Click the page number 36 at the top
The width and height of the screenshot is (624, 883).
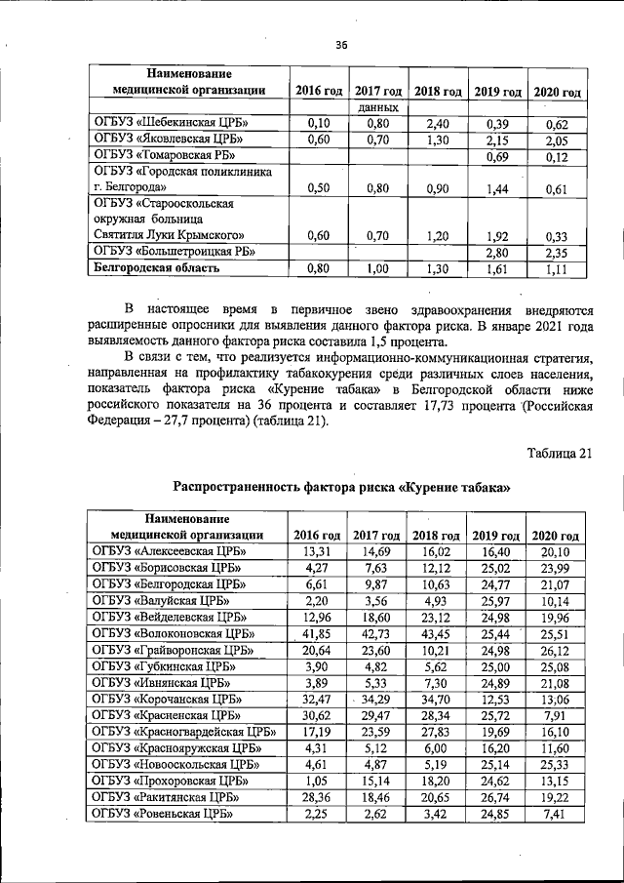pos(341,44)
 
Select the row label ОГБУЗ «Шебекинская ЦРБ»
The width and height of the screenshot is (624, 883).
pos(171,123)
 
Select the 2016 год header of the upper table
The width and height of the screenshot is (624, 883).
pos(319,91)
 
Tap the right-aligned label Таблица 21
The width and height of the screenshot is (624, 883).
pos(559,452)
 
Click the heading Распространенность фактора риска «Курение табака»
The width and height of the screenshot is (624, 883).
pos(341,487)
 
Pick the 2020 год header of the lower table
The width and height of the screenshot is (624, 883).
pos(556,535)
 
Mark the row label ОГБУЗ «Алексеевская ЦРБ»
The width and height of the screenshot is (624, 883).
pos(170,551)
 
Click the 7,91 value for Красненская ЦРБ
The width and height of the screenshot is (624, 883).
pos(556,716)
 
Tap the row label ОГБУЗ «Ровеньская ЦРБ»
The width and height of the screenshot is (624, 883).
pos(165,815)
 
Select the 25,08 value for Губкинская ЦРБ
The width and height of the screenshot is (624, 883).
pos(556,666)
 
